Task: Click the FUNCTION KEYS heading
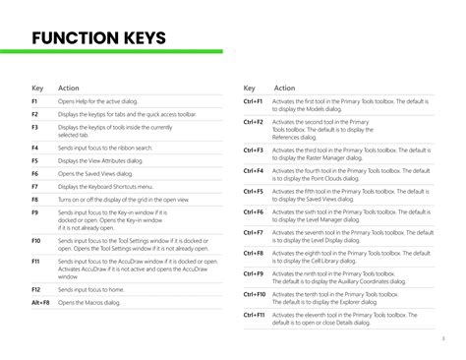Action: click(98, 39)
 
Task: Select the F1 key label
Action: click(34, 102)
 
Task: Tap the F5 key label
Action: click(34, 159)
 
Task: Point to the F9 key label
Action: click(34, 211)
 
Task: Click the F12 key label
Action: click(36, 290)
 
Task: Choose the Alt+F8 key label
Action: click(40, 303)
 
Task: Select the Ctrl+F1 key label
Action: click(253, 102)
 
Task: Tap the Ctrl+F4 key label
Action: click(253, 170)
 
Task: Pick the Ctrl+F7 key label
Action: click(253, 232)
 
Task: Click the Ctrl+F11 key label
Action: click(255, 314)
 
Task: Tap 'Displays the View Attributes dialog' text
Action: click(106, 159)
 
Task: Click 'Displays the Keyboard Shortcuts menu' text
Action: click(106, 186)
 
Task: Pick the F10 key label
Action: click(36, 240)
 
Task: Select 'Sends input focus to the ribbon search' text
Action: click(105, 147)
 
